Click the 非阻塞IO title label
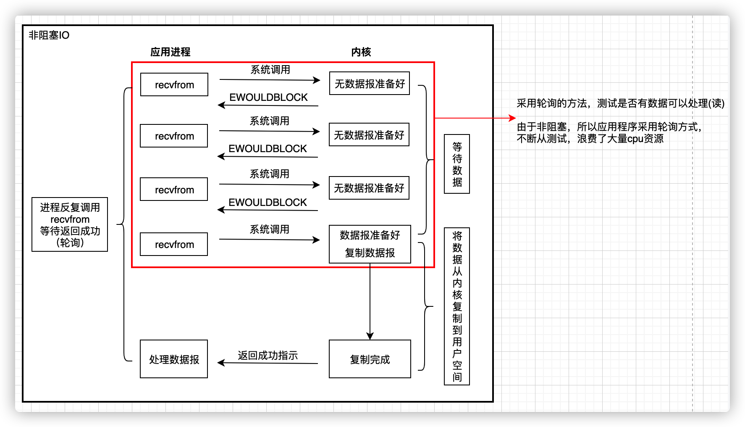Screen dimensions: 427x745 point(49,35)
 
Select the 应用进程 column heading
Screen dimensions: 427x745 point(170,52)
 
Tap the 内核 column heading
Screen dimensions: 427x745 point(361,52)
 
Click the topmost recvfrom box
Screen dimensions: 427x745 point(174,85)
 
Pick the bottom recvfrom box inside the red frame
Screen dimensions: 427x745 point(174,244)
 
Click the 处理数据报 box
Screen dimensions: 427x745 point(174,359)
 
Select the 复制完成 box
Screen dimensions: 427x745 point(370,359)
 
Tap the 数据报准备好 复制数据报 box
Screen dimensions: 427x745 point(370,244)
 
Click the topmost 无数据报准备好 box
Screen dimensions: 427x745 point(369,84)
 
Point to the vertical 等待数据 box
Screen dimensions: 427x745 point(457,164)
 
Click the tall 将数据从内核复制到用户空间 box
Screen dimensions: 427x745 point(457,306)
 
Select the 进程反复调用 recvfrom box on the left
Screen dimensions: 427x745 point(70,224)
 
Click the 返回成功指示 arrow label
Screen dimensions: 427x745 point(268,356)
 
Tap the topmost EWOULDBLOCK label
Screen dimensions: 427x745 point(268,98)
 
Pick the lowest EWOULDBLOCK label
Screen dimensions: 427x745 point(268,203)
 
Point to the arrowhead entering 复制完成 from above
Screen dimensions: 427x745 point(370,336)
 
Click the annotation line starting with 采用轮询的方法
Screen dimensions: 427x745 point(620,103)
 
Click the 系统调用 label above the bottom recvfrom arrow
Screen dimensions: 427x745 point(269,229)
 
